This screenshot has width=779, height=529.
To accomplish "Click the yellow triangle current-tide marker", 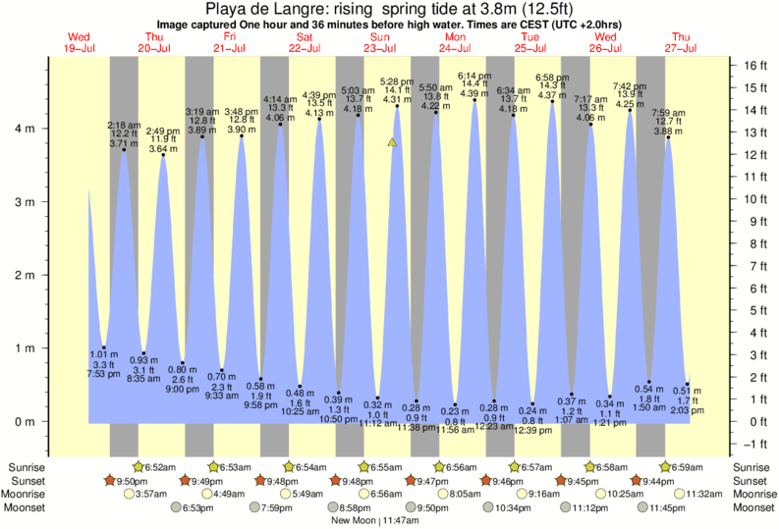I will coord(392,142).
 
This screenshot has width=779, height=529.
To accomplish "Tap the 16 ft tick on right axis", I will coord(753,65).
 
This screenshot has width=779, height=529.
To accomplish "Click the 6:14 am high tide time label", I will coord(474,76).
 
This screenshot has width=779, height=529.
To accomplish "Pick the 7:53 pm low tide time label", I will coord(104,373).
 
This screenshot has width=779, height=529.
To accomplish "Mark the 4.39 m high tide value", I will coord(474,93).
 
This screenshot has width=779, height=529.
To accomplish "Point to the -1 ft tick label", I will coord(753,443).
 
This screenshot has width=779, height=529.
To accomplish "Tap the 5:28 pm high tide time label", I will coord(396,81).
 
